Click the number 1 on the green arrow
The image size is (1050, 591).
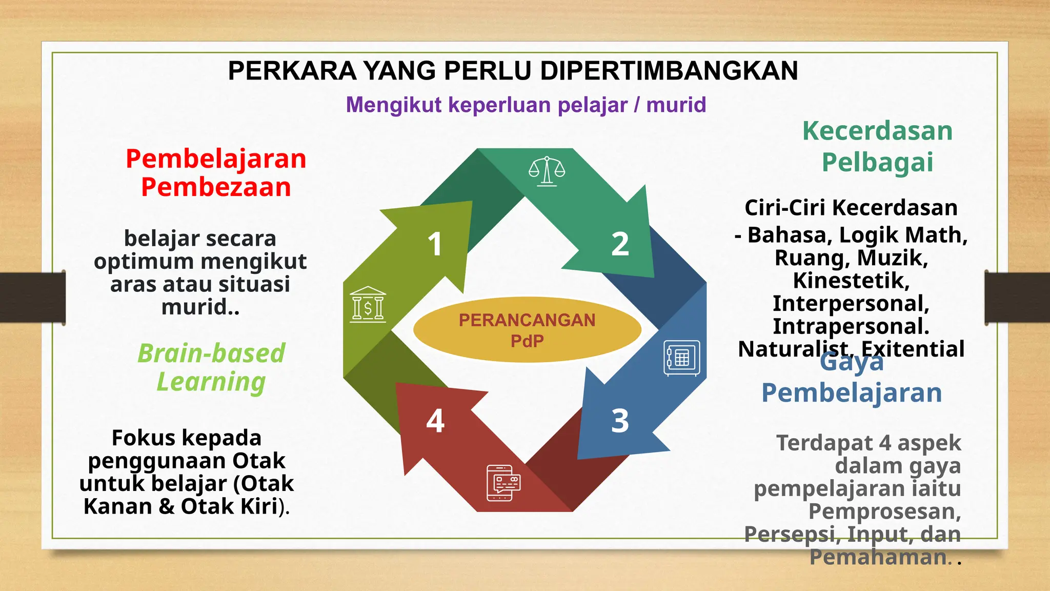point(435,244)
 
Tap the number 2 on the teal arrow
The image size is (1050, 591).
point(620,244)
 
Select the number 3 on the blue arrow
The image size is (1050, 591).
point(620,421)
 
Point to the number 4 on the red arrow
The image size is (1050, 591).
point(435,421)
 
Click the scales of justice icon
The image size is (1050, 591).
point(547,171)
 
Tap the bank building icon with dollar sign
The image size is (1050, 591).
point(368,305)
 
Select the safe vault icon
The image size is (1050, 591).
point(682,358)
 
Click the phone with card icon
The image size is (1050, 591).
point(503,483)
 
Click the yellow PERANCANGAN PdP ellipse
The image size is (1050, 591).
point(527,330)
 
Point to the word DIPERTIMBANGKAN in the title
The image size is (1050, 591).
point(669,71)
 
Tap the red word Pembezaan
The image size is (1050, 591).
point(216,187)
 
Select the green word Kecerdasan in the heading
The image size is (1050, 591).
point(877,131)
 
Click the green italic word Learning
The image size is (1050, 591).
point(211,382)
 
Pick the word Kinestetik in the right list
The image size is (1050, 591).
point(851,281)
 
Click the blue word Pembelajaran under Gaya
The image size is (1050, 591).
point(851,393)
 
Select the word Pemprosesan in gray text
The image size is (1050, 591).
point(884,511)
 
